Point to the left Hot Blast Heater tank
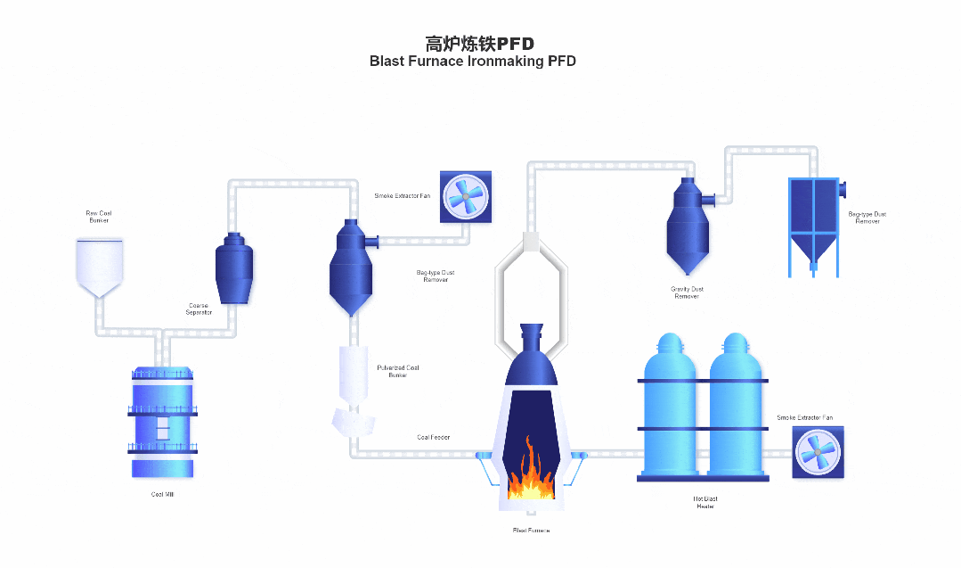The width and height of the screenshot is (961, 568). click(669, 406)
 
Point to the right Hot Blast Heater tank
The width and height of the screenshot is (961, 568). click(737, 406)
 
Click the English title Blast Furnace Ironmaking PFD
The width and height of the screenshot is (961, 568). click(473, 62)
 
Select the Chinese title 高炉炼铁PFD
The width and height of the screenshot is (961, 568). click(479, 43)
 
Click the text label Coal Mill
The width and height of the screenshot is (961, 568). click(162, 494)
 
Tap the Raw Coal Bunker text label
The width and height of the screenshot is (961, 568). click(99, 217)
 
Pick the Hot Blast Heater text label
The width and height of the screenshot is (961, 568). click(705, 502)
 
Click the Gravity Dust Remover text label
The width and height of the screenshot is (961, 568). click(687, 292)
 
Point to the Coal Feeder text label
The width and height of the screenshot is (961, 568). click(434, 437)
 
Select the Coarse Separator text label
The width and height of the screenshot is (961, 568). click(199, 309)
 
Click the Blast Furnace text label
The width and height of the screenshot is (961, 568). click(531, 531)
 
